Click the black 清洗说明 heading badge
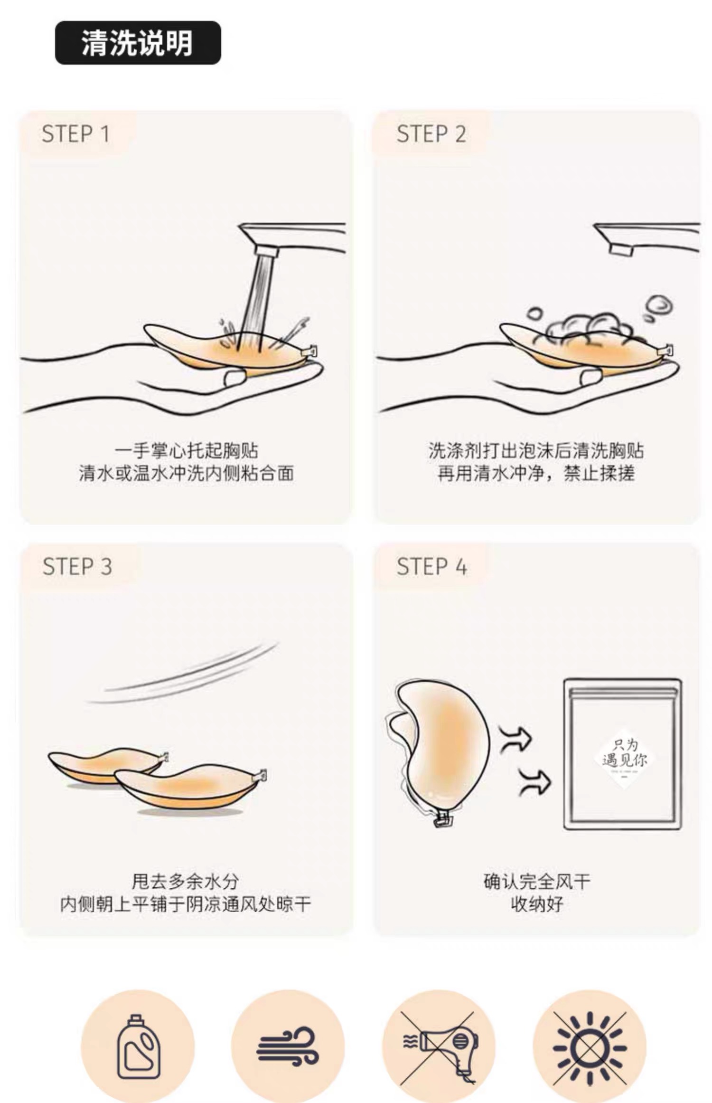pyautogui.click(x=138, y=43)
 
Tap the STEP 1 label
pyautogui.click(x=76, y=134)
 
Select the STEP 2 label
pyautogui.click(x=431, y=134)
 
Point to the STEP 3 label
pyautogui.click(x=77, y=567)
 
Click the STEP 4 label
pyautogui.click(x=432, y=567)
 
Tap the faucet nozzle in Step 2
pyautogui.click(x=621, y=250)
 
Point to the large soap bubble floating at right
pyautogui.click(x=660, y=304)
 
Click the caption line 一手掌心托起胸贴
pyautogui.click(x=186, y=450)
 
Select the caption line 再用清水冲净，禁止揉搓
pyautogui.click(x=536, y=474)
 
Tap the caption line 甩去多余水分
pyautogui.click(x=185, y=882)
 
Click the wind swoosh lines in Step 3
pyautogui.click(x=183, y=672)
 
